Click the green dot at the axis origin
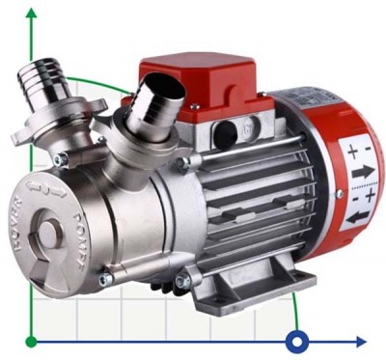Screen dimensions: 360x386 (32, 341)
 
